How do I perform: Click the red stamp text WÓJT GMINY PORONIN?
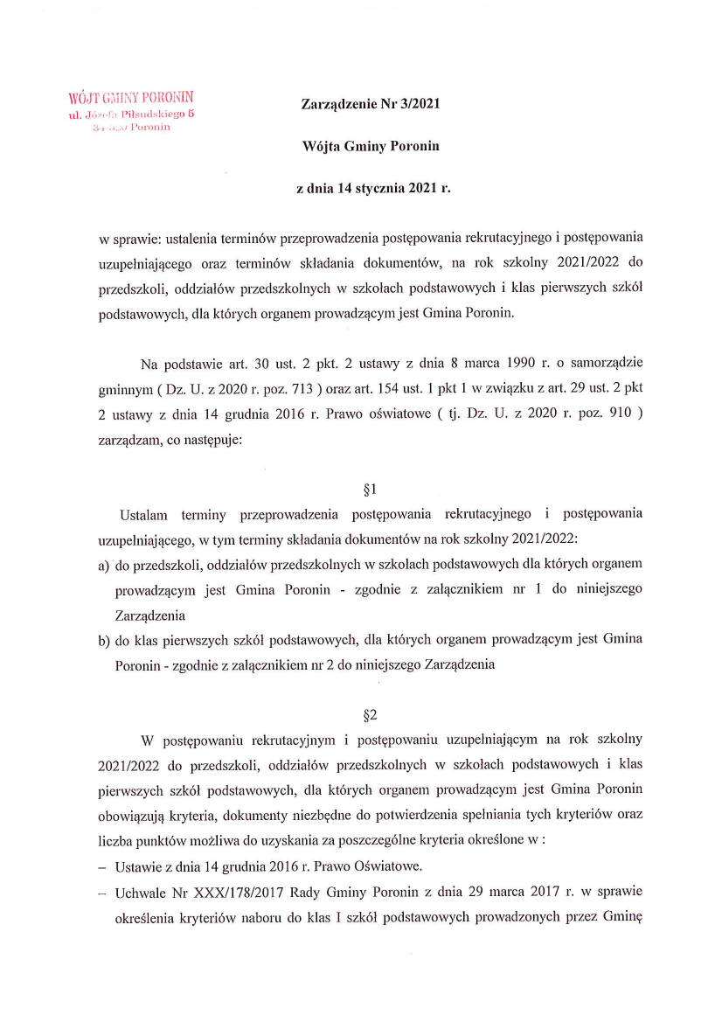pos(130,96)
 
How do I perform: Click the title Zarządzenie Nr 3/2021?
pos(370,105)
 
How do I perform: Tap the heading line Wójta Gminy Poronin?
pos(370,146)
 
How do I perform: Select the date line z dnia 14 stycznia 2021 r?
pos(370,187)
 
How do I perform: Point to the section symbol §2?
pos(370,714)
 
